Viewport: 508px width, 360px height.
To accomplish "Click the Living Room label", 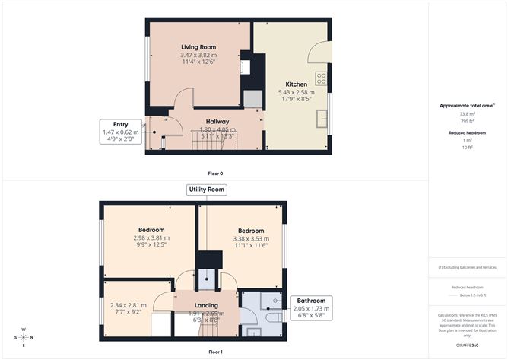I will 198,47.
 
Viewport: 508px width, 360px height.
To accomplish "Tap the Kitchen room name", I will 297,84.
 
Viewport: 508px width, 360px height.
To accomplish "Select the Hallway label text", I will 218,121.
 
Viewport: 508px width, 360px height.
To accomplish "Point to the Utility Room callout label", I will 206,190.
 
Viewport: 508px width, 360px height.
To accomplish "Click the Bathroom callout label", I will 312,301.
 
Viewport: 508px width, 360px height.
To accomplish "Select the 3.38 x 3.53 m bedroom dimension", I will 251,239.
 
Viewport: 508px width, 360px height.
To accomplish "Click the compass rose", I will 24,336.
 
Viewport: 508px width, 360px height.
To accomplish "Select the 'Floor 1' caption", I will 216,352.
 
